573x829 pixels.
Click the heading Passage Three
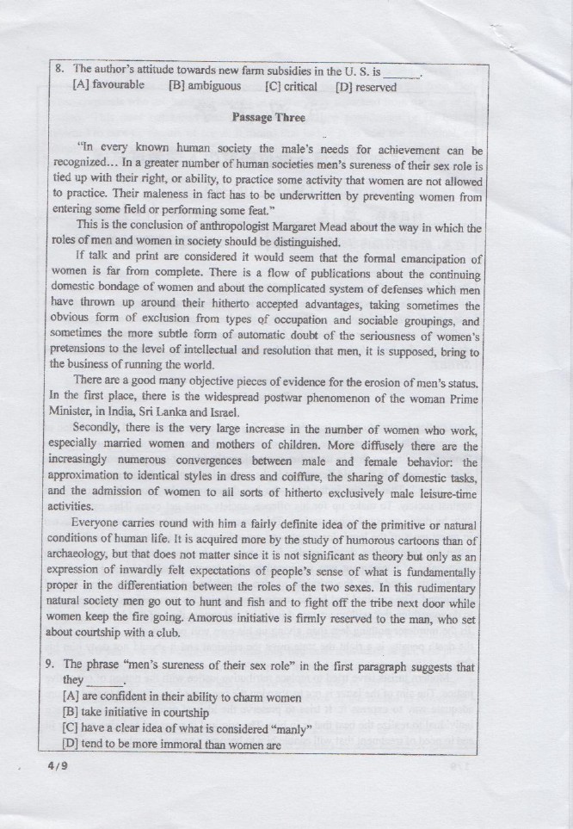click(x=268, y=117)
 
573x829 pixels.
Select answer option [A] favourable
click(x=108, y=86)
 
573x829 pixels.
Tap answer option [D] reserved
click(x=366, y=86)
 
